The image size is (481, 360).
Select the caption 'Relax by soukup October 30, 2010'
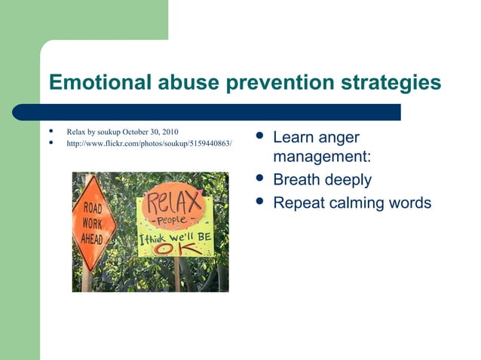(x=122, y=132)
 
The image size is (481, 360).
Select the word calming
(x=358, y=203)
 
